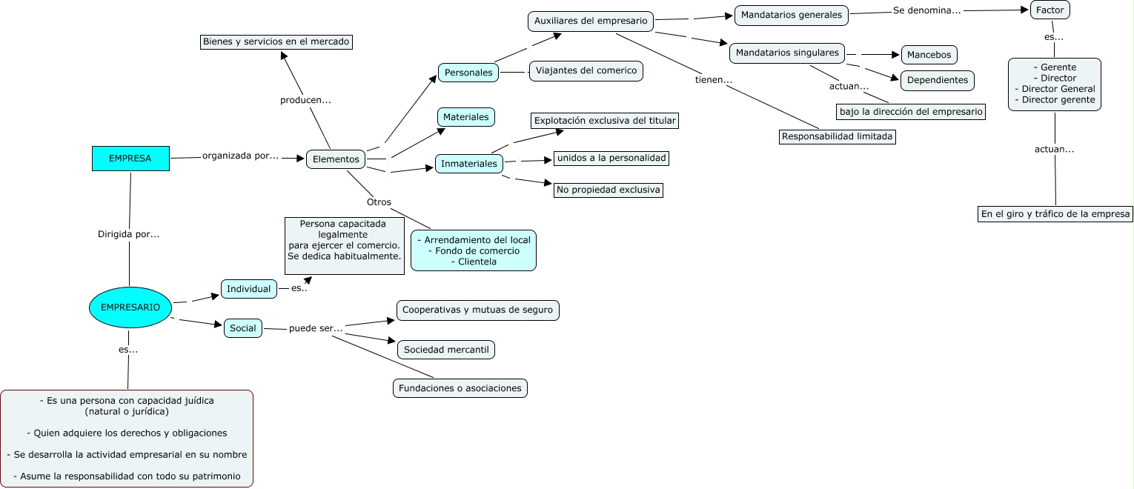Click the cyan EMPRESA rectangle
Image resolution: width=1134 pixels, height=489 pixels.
coord(130,159)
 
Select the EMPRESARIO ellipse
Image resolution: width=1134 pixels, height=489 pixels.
coord(130,307)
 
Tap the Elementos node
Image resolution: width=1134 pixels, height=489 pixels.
coord(336,159)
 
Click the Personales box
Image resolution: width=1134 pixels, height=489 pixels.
coord(468,73)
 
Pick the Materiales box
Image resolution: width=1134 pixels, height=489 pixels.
coord(465,117)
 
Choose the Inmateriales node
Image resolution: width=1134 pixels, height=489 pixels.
coord(468,164)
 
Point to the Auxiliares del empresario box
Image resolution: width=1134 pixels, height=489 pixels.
coord(591,21)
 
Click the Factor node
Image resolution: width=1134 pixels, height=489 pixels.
coord(1050,10)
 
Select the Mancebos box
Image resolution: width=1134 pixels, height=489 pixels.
coord(929,55)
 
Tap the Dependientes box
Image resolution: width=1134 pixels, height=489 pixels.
coord(938,80)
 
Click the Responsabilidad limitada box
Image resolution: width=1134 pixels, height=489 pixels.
coord(838,137)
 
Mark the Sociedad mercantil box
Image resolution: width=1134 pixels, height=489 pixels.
coord(446,350)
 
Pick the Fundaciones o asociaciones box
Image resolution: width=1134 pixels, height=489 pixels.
coord(460,388)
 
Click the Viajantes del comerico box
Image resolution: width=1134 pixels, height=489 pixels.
coord(586,71)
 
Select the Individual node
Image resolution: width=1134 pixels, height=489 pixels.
coord(249,289)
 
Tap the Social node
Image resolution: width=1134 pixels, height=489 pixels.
coord(243,328)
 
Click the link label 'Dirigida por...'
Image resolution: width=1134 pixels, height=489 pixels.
coord(129,234)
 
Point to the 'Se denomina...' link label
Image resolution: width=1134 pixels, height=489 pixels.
coord(926,11)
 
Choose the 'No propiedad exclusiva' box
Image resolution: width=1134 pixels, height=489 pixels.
coord(609,190)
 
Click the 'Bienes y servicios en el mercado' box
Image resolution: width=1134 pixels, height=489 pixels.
coord(276,42)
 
